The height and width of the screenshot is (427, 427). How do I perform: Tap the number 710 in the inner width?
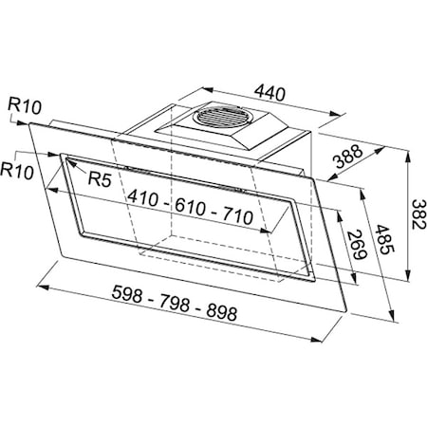(x=237, y=217)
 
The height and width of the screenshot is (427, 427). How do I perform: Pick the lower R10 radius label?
(x=16, y=171)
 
